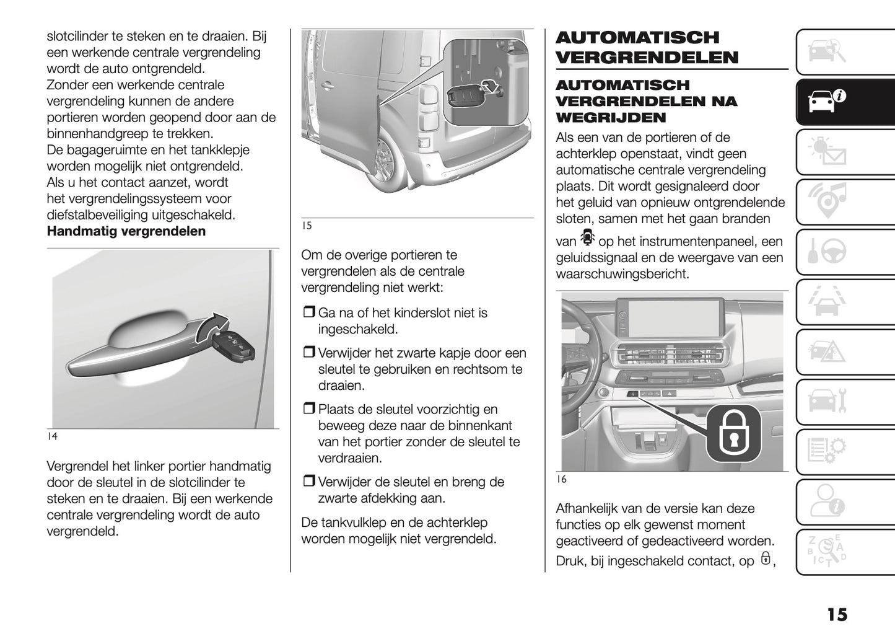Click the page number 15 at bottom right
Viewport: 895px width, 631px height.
pos(836,614)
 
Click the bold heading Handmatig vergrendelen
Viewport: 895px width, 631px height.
pos(126,231)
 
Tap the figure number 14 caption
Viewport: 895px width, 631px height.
pos(53,436)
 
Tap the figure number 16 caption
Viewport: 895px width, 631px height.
pos(561,479)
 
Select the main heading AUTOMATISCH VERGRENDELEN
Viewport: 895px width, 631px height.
pos(647,47)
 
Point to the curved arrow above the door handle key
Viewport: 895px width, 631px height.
pos(211,327)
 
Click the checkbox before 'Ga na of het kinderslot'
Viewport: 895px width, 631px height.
pos(308,313)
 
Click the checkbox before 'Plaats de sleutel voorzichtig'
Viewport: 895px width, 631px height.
pos(308,410)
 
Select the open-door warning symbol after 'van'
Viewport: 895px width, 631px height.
pos(587,238)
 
